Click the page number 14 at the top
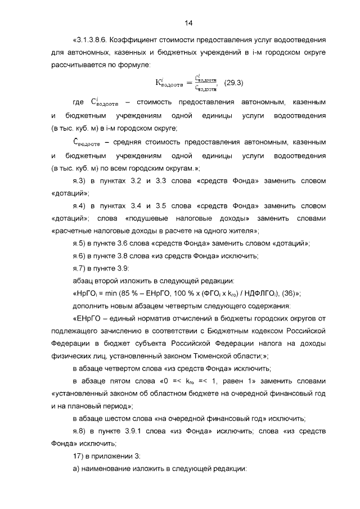(x=188, y=22)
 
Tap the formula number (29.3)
(x=233, y=83)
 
